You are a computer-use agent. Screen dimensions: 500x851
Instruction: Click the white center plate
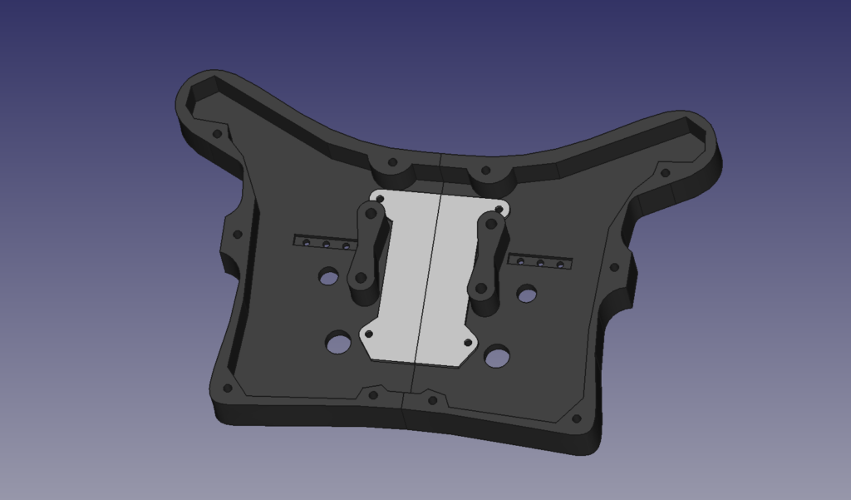coord(424,275)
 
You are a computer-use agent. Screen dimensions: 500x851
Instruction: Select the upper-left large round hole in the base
coord(329,275)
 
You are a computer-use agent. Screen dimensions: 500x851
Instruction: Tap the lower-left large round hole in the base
coord(338,341)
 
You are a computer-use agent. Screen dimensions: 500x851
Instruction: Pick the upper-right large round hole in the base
coord(526,293)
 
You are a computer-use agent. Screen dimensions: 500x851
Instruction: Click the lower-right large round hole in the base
coord(497,357)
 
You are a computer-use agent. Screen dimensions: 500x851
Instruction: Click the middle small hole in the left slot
coord(326,245)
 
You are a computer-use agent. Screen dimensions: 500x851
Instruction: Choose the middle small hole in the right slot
coord(540,264)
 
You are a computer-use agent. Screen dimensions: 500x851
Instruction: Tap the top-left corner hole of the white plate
coord(381,199)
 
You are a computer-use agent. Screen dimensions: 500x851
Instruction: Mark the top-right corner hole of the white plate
coord(500,209)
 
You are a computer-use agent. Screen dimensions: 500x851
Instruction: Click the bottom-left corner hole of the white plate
coord(369,334)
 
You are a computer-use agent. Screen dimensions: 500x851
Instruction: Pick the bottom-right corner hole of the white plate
coord(467,342)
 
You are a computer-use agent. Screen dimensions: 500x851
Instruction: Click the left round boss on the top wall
coord(393,166)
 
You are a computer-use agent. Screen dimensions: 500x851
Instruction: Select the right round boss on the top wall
coord(486,172)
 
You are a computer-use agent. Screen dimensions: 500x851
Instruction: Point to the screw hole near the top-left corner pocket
coord(217,133)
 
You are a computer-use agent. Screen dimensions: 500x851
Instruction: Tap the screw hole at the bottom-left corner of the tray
coord(229,387)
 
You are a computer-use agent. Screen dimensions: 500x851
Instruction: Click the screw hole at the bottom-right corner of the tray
coord(577,419)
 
